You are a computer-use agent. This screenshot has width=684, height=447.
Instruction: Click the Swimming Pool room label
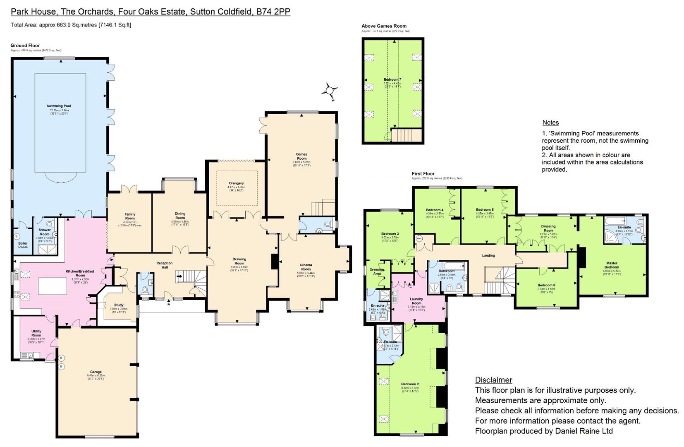[x=58, y=106]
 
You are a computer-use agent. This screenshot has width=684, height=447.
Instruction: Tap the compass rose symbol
[x=330, y=90]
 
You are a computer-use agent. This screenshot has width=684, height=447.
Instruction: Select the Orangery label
[x=236, y=183]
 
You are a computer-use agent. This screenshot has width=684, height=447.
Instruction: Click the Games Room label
[x=301, y=156]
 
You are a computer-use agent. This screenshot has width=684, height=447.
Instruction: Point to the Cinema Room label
[x=306, y=267]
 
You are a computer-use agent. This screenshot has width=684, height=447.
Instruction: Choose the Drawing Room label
[x=239, y=261]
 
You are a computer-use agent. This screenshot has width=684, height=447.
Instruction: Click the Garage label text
[x=96, y=372]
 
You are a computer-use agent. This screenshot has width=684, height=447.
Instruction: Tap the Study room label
[x=119, y=305]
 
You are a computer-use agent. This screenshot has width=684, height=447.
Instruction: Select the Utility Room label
[x=36, y=333]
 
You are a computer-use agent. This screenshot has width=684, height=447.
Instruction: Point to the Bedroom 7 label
[x=392, y=79]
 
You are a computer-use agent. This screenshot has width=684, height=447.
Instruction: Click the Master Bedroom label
[x=612, y=265]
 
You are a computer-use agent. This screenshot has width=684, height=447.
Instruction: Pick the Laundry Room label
[x=416, y=301]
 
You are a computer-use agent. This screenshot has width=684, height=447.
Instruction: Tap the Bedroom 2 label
[x=410, y=384]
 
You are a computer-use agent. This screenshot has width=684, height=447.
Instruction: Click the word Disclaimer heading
[x=493, y=380]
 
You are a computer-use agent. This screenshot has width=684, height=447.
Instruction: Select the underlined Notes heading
[x=550, y=123]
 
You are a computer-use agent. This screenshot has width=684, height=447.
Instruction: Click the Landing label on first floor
[x=488, y=255]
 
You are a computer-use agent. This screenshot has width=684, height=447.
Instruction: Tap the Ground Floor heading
[x=25, y=46]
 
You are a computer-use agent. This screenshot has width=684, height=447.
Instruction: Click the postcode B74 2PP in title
[x=273, y=12]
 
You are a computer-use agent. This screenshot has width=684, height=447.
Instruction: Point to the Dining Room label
[x=180, y=216]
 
